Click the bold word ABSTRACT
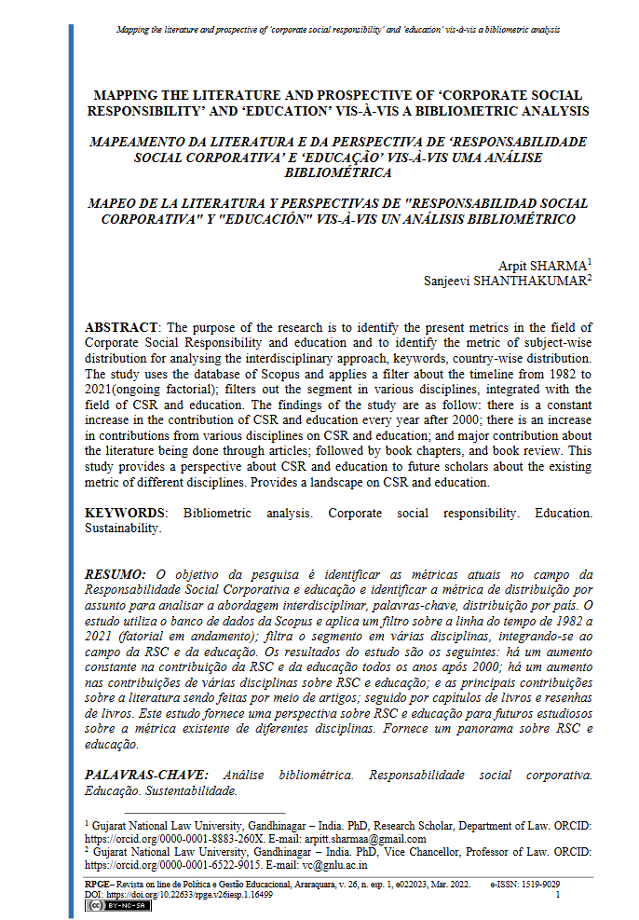click(122, 328)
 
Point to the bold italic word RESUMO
click(115, 575)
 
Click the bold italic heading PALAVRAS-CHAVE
click(149, 775)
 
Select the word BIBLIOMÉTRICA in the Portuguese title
click(338, 172)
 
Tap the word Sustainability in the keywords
click(123, 529)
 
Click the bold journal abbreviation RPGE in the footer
click(96, 883)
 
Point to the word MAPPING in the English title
click(127, 95)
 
